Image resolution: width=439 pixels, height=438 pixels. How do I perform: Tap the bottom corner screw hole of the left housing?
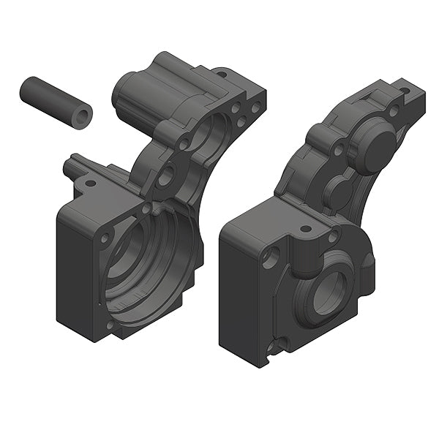tap(110, 324)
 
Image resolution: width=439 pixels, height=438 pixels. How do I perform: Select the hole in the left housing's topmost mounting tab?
tap(219, 72)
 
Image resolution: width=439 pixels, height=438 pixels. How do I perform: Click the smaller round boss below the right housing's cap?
tap(338, 192)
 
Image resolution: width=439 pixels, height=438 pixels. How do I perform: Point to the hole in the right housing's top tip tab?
tap(403, 92)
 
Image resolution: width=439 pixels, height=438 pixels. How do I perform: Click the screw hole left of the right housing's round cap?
tap(338, 150)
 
